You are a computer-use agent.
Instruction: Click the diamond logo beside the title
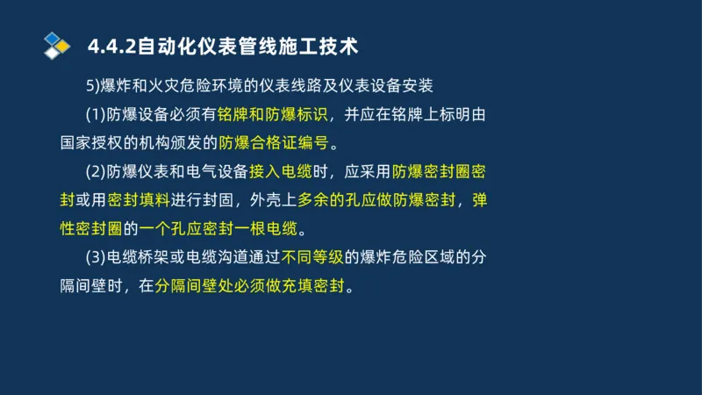[x=56, y=45]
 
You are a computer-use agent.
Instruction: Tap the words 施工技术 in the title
[x=316, y=45]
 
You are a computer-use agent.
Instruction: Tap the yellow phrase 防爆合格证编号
[x=272, y=143]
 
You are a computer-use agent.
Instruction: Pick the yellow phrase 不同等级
[x=312, y=258]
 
